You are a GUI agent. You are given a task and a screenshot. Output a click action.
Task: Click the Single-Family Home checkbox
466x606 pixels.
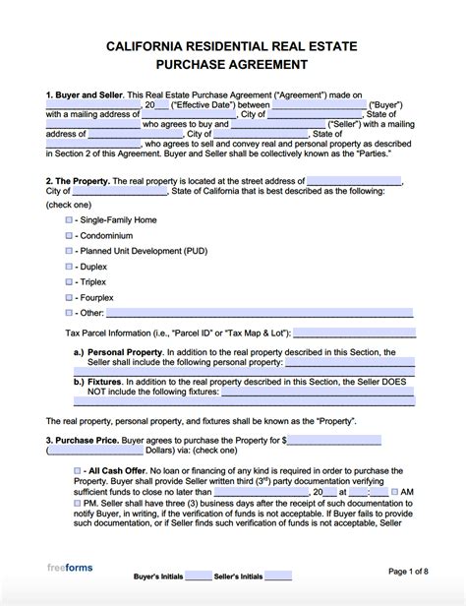coord(69,221)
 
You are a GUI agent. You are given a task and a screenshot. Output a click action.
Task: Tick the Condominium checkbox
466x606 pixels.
coord(69,236)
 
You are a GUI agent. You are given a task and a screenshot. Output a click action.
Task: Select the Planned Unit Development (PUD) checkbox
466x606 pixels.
coord(69,251)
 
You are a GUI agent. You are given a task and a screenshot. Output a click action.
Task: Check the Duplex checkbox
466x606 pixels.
coord(69,267)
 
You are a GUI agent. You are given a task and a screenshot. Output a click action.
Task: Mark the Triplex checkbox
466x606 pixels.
coord(69,281)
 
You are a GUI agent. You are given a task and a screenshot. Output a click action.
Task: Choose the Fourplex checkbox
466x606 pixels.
coord(69,296)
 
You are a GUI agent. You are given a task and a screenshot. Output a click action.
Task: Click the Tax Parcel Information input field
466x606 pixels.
coord(360,332)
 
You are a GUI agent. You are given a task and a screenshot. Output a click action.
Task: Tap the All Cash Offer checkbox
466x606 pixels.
coord(78,472)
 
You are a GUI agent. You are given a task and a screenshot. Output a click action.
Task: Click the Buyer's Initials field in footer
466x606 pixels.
coord(198,576)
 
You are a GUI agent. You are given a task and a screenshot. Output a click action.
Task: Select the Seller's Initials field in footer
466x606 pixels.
coord(278,576)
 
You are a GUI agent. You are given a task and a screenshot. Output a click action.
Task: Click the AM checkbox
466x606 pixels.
coord(394,518)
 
